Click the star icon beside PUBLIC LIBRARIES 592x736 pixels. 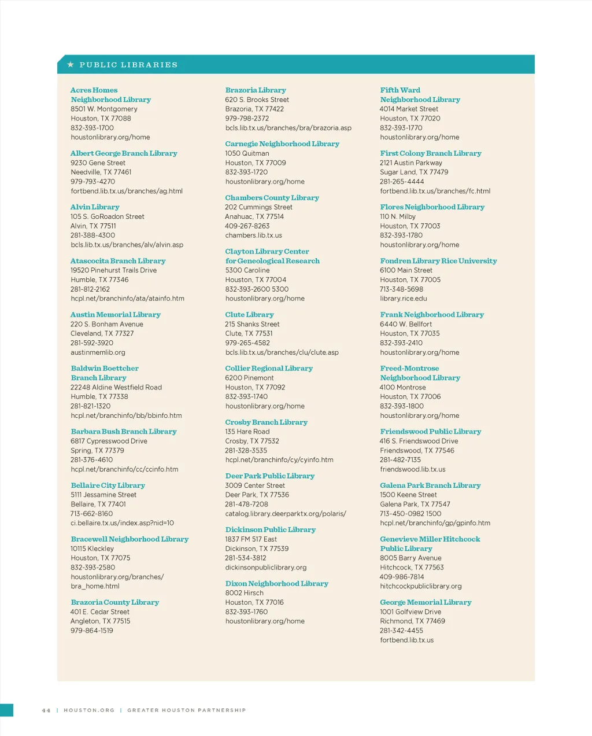71,65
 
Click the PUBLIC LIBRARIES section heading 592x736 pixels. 128,65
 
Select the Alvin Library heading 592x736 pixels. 95,207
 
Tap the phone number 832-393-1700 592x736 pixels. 92,128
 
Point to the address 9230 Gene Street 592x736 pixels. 98,163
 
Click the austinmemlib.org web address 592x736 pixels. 98,352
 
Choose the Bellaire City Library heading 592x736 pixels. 108,485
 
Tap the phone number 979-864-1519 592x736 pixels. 92,631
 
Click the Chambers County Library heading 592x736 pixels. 272,198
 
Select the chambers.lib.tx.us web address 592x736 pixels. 253,235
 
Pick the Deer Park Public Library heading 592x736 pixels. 269,476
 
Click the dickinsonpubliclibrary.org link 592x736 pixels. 265,568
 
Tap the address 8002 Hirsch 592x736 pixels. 244,593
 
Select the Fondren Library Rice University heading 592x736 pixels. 438,261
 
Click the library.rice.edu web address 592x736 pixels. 403,299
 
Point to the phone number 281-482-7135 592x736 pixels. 400,460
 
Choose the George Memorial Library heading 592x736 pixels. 425,602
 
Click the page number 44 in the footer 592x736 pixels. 46,710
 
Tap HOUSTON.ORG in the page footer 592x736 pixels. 89,710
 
